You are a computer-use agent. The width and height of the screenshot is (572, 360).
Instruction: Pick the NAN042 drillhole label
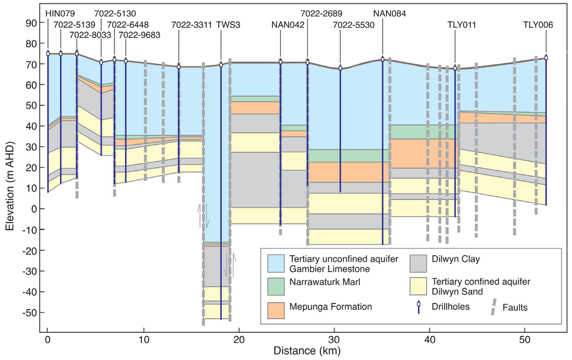[x=288, y=25]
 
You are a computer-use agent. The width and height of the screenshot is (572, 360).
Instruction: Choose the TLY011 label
[x=461, y=25]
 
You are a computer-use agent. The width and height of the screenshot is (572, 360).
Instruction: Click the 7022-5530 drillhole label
[x=354, y=25]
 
